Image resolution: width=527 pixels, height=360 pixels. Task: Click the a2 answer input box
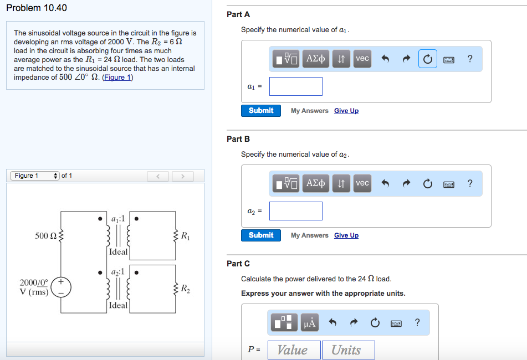(296, 211)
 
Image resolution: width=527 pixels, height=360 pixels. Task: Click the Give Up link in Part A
(346, 111)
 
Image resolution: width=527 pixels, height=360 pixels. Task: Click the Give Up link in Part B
(346, 235)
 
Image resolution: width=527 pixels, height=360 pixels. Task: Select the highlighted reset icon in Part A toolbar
(427, 59)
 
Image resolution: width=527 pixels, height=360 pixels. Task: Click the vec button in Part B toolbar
(362, 183)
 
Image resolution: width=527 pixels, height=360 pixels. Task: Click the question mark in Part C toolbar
(417, 322)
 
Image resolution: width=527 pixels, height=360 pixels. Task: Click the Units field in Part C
(348, 350)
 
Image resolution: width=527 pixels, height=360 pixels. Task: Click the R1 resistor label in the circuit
(185, 236)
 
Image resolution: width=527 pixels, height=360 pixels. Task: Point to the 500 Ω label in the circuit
(45, 236)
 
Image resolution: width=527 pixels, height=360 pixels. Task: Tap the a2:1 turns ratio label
(118, 272)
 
